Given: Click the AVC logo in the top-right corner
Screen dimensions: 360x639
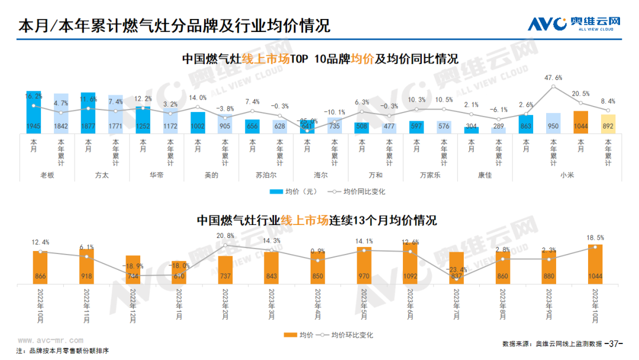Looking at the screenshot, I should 574,24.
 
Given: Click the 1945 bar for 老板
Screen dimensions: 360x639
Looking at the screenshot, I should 34,112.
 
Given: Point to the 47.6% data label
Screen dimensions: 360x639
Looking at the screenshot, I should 553,78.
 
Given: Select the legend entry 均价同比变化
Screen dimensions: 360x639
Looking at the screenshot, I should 360,191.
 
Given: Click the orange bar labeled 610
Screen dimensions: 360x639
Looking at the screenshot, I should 179,273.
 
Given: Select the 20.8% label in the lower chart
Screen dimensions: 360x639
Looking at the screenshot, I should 225,236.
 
